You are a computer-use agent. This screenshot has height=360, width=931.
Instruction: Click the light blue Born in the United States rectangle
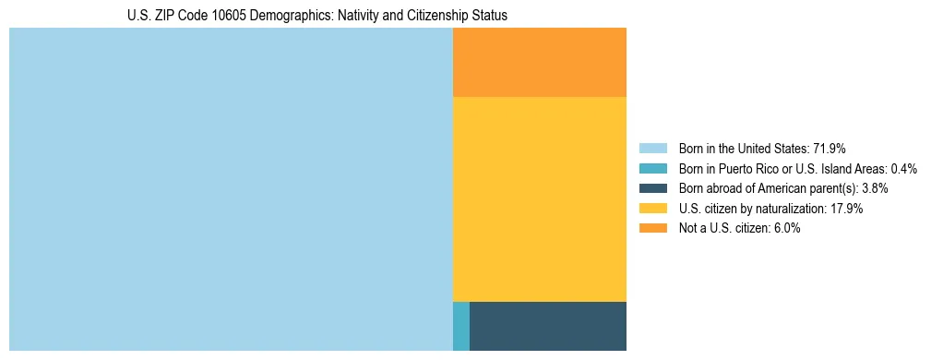pos(231,189)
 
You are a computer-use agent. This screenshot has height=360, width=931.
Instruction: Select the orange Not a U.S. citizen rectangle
pos(540,62)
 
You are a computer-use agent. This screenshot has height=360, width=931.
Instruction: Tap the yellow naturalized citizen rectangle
pos(540,198)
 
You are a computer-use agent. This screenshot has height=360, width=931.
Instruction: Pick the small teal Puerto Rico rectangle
pos(461,326)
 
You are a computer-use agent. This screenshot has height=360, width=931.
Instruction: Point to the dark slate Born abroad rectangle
pos(548,326)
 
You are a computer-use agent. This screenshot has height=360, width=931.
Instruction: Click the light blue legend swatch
pos(652,148)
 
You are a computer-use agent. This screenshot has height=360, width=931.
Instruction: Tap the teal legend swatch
pos(652,168)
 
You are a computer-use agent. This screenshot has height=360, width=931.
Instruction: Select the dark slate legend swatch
pos(652,188)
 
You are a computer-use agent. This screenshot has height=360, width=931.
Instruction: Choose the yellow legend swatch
pos(652,209)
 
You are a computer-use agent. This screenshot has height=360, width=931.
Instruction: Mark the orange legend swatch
pos(652,229)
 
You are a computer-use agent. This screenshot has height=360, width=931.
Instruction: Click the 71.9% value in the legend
pos(830,148)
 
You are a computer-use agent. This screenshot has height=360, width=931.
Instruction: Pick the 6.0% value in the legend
pos(786,229)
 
